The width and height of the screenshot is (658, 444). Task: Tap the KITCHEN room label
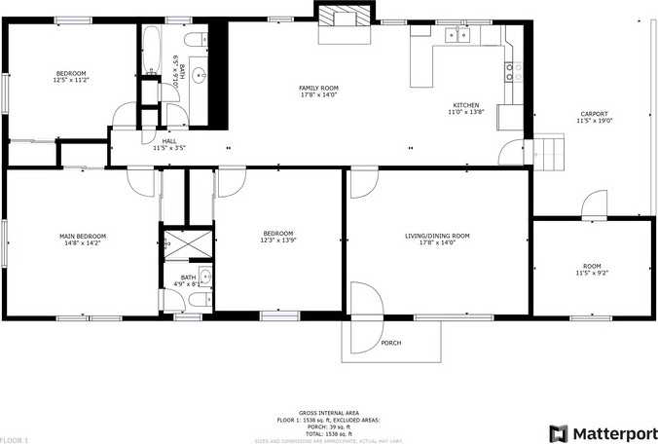[x=465, y=105]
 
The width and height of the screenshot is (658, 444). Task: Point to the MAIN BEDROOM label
[x=83, y=236]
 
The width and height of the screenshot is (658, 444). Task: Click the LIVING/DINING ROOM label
[x=437, y=236]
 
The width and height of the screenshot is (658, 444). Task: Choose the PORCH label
[x=391, y=343]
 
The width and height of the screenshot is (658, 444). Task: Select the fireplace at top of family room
[x=345, y=20]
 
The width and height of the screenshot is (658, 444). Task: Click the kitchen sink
[x=457, y=36]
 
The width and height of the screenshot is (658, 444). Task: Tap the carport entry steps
[x=546, y=151]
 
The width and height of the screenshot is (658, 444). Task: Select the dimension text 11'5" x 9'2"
[x=592, y=273]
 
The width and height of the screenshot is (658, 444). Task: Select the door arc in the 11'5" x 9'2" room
[x=593, y=206]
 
